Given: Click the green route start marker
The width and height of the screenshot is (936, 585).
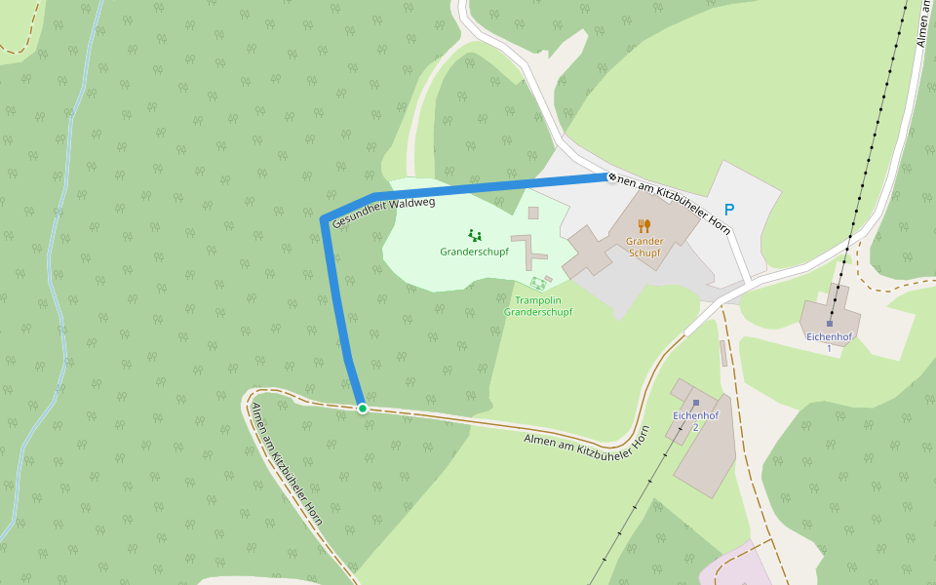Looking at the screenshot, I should coord(363,408).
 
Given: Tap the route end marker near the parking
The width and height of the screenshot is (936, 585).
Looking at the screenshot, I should coord(611,177).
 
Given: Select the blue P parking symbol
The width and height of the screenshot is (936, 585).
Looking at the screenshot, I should coord(729,210).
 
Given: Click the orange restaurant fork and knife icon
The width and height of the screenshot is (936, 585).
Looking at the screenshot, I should coord(644,226).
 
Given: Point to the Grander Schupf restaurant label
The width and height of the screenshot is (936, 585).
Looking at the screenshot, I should coord(644,247).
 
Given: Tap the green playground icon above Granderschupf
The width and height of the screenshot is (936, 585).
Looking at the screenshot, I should coord(475,235).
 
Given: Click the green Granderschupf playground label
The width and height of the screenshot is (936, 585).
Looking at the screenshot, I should coord(475,252).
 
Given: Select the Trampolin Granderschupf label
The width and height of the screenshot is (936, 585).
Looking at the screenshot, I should coord(538,306).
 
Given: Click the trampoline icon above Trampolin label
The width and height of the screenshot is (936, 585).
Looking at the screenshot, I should coord(538,284).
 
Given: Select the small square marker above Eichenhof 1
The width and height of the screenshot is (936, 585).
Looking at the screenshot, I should coord(830,323).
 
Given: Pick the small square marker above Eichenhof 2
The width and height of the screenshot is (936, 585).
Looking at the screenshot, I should coord(696,402).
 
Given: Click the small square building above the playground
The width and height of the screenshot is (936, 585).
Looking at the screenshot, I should coord(533,213).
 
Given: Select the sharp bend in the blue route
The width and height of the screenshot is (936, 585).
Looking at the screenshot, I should coord(325,219).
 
